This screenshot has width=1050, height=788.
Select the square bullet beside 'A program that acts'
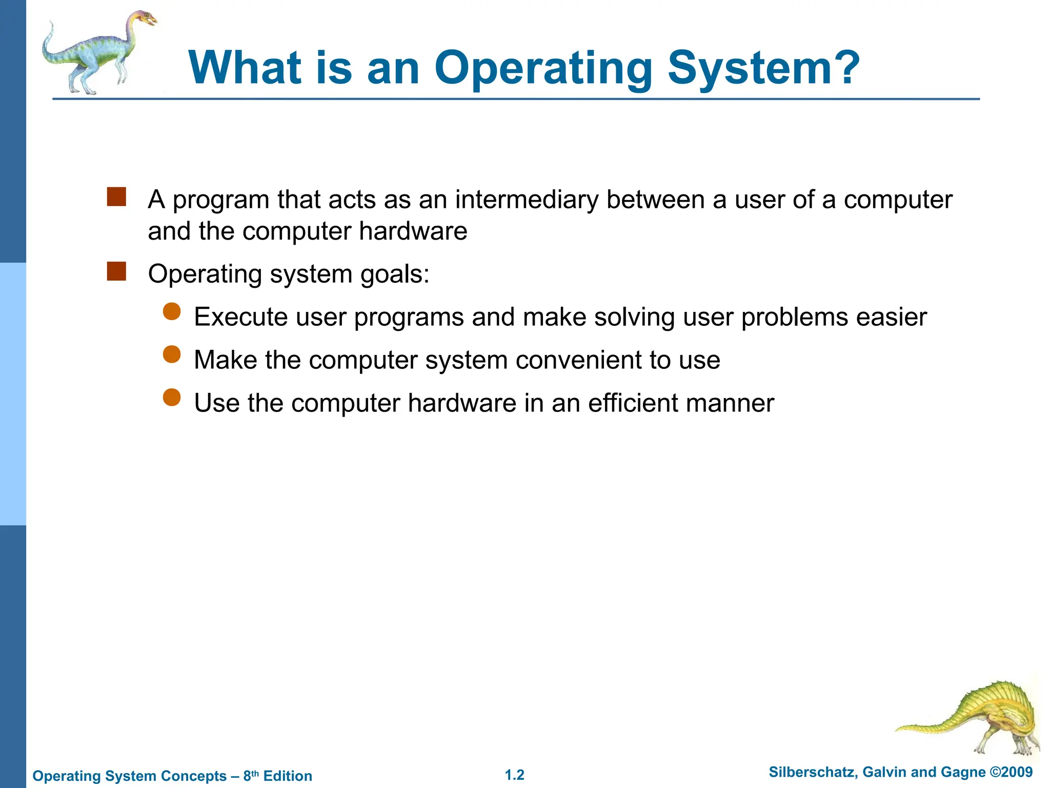pos(116,197)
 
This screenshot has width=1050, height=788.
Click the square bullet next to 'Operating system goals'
pos(116,271)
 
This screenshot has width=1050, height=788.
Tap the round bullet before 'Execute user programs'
pos(172,311)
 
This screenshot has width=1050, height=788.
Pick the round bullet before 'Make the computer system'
pos(172,354)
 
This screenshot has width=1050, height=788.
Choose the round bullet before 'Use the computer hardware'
pos(172,398)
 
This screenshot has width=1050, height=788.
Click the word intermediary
pos(527,200)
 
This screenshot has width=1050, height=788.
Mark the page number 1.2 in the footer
pos(514,775)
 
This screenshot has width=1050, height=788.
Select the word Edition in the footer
pos(287,776)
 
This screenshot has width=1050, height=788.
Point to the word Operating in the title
pos(543,69)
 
